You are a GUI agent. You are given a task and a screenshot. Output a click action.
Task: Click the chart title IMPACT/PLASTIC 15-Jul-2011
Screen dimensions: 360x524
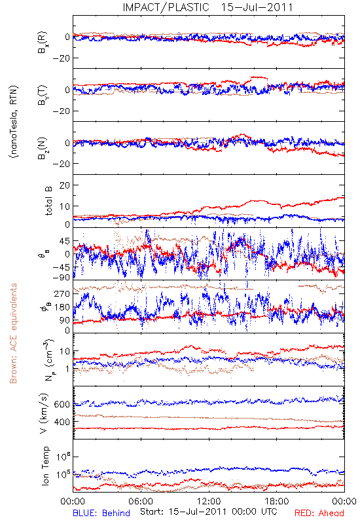click(207, 7)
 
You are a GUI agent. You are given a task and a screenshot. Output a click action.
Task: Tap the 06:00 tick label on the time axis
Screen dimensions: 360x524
click(141, 501)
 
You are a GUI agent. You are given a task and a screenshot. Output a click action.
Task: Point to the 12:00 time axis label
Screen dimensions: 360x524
click(209, 501)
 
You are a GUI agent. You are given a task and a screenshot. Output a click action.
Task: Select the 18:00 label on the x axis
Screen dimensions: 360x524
click(277, 501)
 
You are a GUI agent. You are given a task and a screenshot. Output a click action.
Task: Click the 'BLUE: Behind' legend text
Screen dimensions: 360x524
click(101, 513)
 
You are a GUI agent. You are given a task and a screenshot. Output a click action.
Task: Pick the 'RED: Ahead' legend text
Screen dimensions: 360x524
click(319, 513)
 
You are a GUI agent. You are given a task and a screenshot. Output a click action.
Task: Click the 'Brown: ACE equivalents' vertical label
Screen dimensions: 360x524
click(13, 333)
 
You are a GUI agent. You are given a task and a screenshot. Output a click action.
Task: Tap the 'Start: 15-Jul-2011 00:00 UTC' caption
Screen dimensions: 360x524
click(208, 512)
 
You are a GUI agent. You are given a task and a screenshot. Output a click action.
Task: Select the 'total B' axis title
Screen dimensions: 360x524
click(48, 201)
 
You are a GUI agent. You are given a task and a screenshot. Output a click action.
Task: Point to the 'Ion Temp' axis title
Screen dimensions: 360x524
click(45, 466)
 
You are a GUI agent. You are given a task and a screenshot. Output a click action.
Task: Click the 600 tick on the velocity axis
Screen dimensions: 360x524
click(62, 404)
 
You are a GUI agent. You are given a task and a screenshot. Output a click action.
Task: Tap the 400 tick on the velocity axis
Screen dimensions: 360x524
click(62, 422)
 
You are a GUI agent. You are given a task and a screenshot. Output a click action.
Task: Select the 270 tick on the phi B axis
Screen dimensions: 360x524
click(62, 293)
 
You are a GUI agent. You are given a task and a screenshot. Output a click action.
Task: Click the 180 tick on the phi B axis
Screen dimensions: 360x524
click(62, 307)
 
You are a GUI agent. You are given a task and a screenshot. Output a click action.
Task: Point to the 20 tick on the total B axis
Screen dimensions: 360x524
click(64, 185)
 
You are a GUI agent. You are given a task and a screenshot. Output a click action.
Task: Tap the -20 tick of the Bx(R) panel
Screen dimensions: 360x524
click(61, 58)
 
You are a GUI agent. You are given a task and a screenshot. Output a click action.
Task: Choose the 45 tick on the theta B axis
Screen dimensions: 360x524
click(65, 241)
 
